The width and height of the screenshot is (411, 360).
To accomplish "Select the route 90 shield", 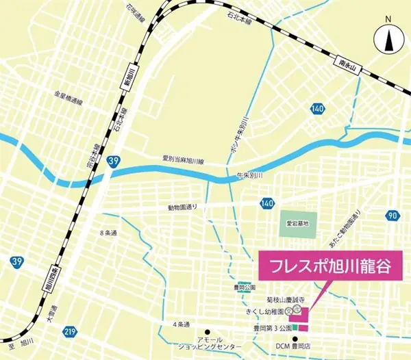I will (392, 216).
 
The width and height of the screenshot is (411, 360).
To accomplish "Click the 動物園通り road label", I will (182, 207).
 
